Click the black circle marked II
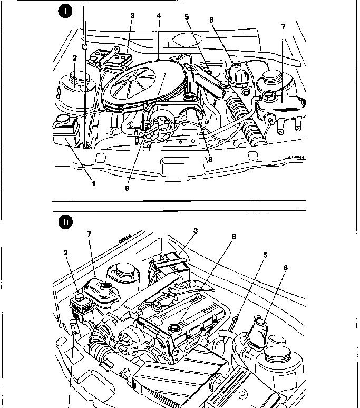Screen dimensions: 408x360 (x=65, y=222)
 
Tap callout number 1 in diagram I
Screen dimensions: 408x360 (x=94, y=183)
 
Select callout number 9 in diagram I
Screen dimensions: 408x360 (x=127, y=188)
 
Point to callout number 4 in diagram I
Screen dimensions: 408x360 (x=159, y=16)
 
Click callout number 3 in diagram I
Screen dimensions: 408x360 (x=132, y=16)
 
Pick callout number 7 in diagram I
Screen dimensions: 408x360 (x=283, y=26)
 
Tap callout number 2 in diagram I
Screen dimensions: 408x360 (x=75, y=57)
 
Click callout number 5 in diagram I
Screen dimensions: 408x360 (x=187, y=17)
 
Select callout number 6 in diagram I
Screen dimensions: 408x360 (x=211, y=20)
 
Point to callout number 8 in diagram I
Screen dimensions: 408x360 (x=210, y=160)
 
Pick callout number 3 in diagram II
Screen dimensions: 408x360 (x=195, y=231)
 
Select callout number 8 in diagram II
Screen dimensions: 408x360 (x=233, y=237)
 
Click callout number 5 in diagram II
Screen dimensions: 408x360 (x=265, y=255)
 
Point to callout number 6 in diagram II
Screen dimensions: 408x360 (x=285, y=268)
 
